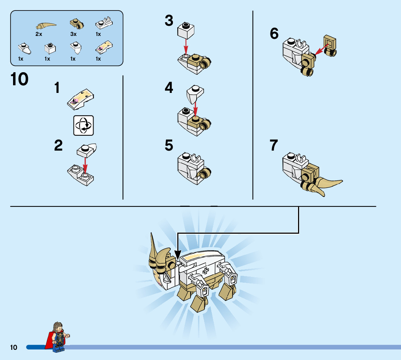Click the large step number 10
click(20, 79)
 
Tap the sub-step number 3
click(169, 21)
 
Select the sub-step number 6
click(274, 34)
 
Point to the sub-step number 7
click(274, 146)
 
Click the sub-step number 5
click(169, 146)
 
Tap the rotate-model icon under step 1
click(83, 126)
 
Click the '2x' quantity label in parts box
click(39, 34)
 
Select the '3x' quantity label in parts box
click(73, 34)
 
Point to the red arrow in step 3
click(186, 47)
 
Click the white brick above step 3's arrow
click(186, 30)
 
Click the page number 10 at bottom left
click(14, 348)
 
